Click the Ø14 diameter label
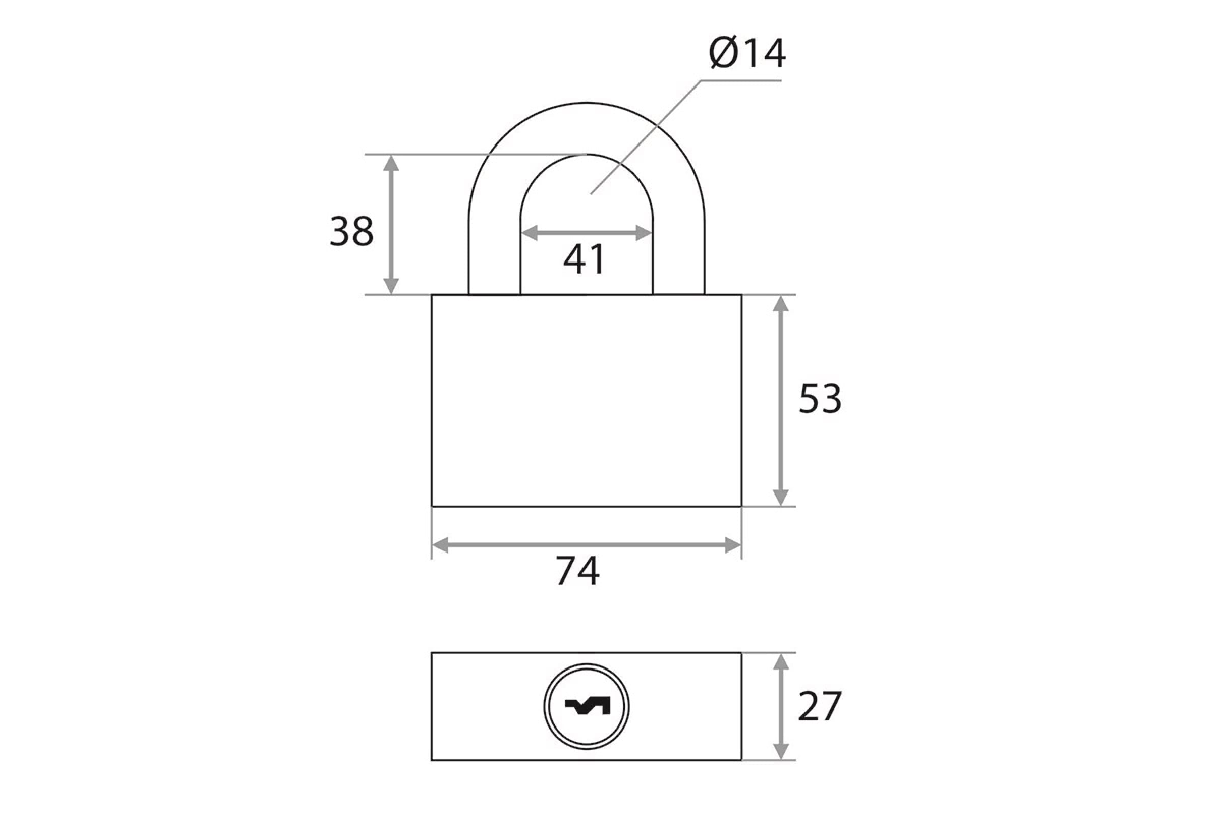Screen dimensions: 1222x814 [x=747, y=53]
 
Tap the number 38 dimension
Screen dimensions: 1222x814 [x=352, y=231]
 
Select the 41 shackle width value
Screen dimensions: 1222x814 [x=585, y=259]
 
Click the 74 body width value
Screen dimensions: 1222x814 [x=578, y=571]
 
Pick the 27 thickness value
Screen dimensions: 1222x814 [x=819, y=707]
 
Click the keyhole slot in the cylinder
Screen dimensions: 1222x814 [x=587, y=707]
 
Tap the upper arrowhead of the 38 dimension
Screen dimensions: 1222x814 [x=391, y=163]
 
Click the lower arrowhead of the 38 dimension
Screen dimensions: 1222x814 [x=391, y=286]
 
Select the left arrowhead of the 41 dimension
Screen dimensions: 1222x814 [x=529, y=234]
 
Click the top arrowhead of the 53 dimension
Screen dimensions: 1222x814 [x=781, y=304]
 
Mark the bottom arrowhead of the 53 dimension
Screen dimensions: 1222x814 [x=781, y=498]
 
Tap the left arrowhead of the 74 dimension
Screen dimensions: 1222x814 [x=440, y=545]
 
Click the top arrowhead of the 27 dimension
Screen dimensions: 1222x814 [x=781, y=662]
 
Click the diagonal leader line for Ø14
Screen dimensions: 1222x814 [x=646, y=137]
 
